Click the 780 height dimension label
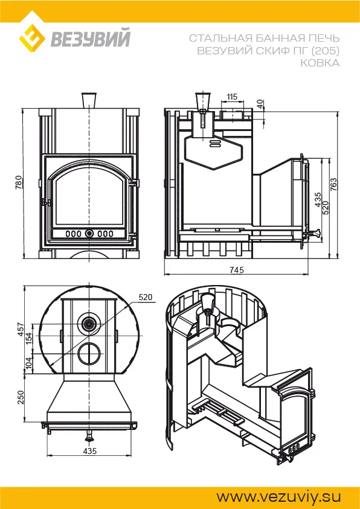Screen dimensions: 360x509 (x=19, y=182)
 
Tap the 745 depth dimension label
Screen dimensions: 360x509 (x=236, y=270)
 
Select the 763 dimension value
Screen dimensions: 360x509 (x=334, y=184)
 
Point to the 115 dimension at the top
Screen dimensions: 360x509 (x=232, y=97)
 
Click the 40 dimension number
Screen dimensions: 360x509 (x=260, y=104)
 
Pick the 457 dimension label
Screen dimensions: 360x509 (x=20, y=329)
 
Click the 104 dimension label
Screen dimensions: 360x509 (x=28, y=363)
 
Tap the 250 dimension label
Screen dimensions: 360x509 (x=20, y=397)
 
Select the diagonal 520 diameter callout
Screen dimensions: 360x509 (x=145, y=297)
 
